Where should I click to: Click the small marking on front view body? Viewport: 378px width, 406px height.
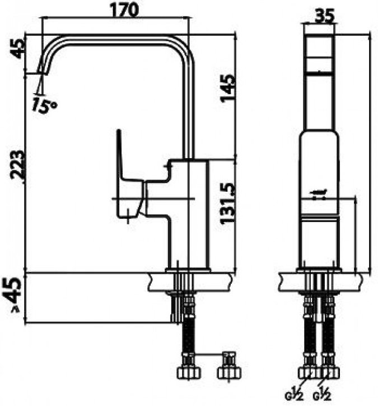click(x=320, y=194)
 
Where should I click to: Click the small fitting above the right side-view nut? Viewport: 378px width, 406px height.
click(x=228, y=357)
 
